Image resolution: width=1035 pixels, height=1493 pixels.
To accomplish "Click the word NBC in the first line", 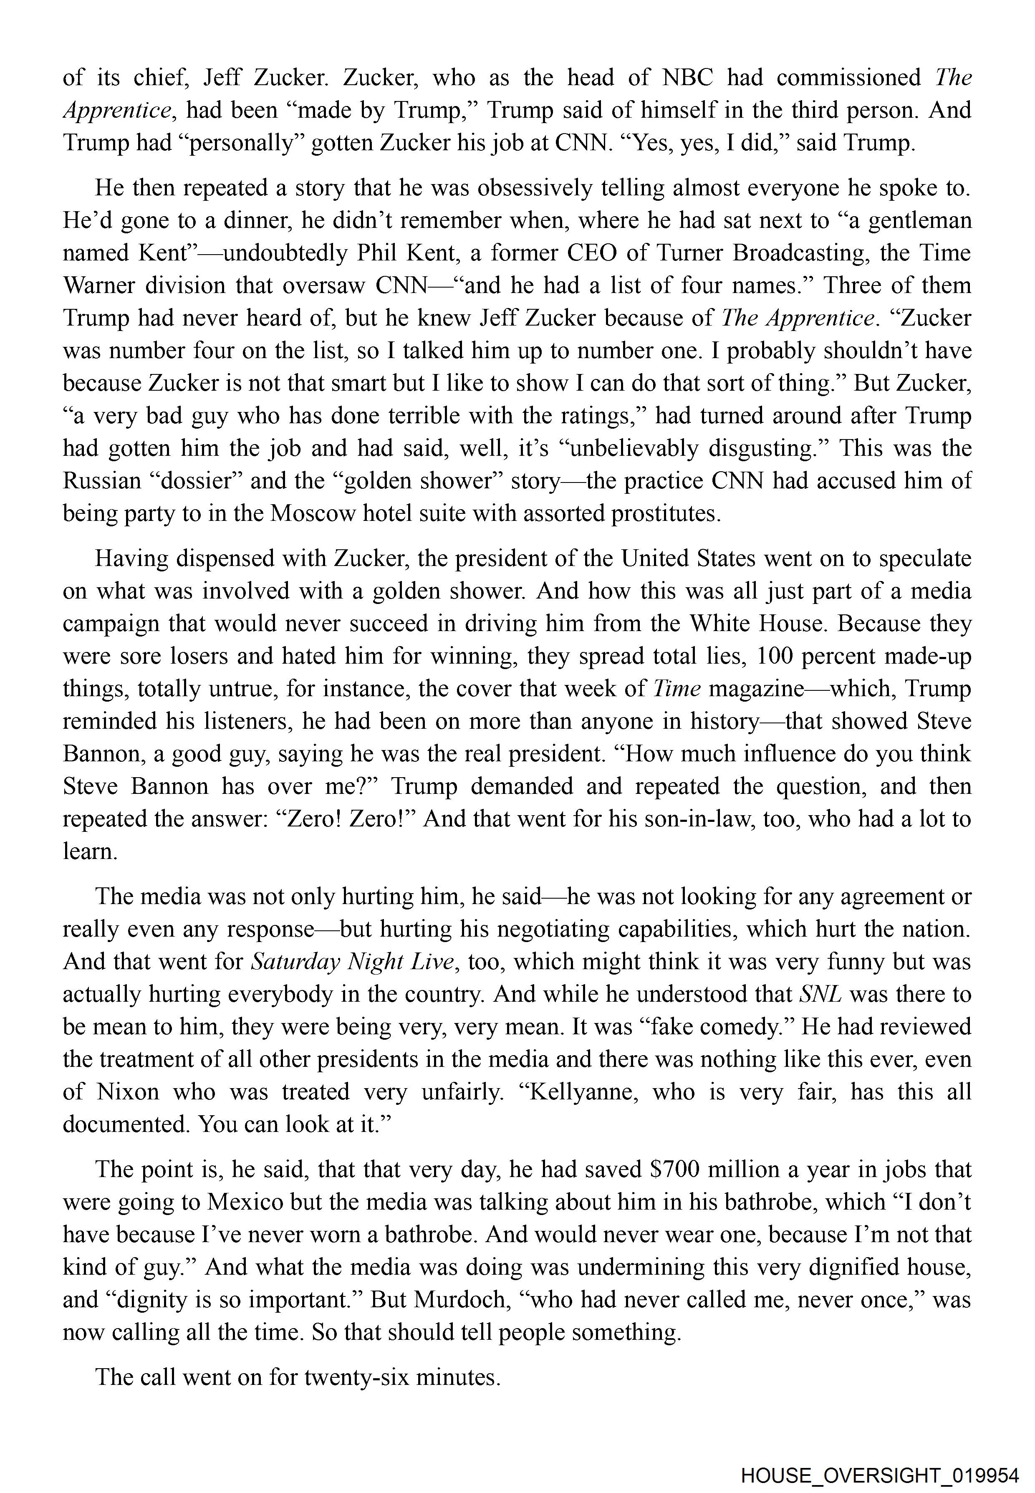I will [x=687, y=78].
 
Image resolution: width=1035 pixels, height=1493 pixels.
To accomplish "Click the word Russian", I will [x=102, y=481].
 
